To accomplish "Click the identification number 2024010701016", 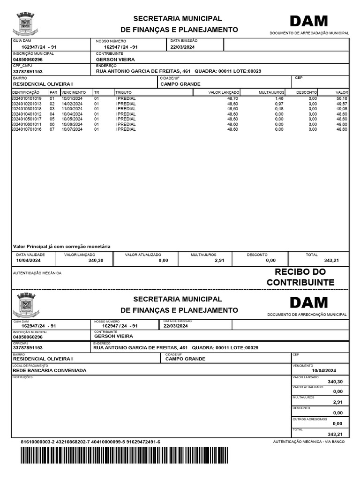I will tap(27, 129).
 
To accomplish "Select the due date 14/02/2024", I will tap(72, 104).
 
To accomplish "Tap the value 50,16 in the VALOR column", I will tap(341, 98).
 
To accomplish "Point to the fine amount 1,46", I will tap(279, 98).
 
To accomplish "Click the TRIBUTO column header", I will tap(124, 92).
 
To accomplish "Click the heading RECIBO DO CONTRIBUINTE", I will tap(300, 277).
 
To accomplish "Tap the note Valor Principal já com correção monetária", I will tap(61, 246).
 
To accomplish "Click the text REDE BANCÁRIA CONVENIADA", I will tap(50, 370).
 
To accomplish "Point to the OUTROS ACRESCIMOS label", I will tap(310, 419).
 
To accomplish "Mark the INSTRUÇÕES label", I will tap(22, 376).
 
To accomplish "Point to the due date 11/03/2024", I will tap(72, 109).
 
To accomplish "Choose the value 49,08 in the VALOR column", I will tap(341, 109).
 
